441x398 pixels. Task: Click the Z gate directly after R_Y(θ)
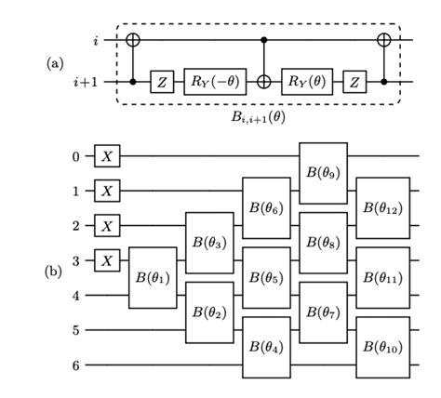[355, 82]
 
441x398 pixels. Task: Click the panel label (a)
[54, 62]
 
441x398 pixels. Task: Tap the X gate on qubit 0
[108, 156]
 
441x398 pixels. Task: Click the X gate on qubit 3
[108, 259]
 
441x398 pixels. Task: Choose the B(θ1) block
[152, 277]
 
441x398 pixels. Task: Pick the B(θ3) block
[208, 243]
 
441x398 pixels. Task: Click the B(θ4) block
[266, 347]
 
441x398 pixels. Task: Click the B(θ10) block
[381, 347]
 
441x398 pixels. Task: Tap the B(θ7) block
[323, 312]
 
